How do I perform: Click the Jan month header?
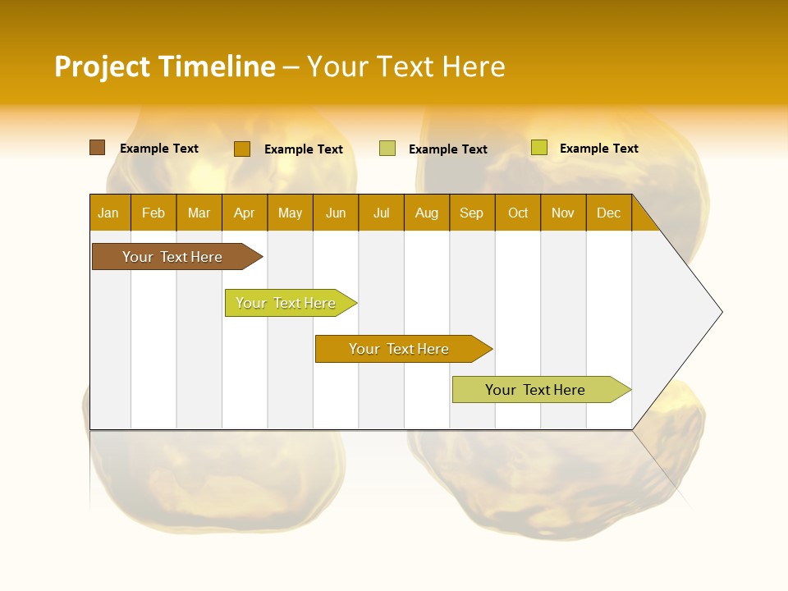point(109,213)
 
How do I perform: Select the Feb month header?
point(153,213)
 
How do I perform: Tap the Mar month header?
point(199,213)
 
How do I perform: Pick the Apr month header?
point(245,213)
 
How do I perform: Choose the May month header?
point(290,213)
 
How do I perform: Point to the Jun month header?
point(336,213)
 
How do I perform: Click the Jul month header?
point(381,213)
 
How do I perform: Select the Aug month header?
point(427,213)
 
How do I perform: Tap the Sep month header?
point(472,213)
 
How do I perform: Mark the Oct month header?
point(518,213)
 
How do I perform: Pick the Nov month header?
point(563,213)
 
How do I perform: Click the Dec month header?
point(609,213)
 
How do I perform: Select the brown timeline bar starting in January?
point(173,257)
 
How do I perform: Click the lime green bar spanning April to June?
point(286,303)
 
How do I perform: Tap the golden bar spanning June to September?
point(400,349)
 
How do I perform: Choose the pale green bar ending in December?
point(536,390)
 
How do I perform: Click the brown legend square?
point(98,148)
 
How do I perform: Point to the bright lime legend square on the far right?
point(538,148)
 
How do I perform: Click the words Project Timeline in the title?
point(165,66)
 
